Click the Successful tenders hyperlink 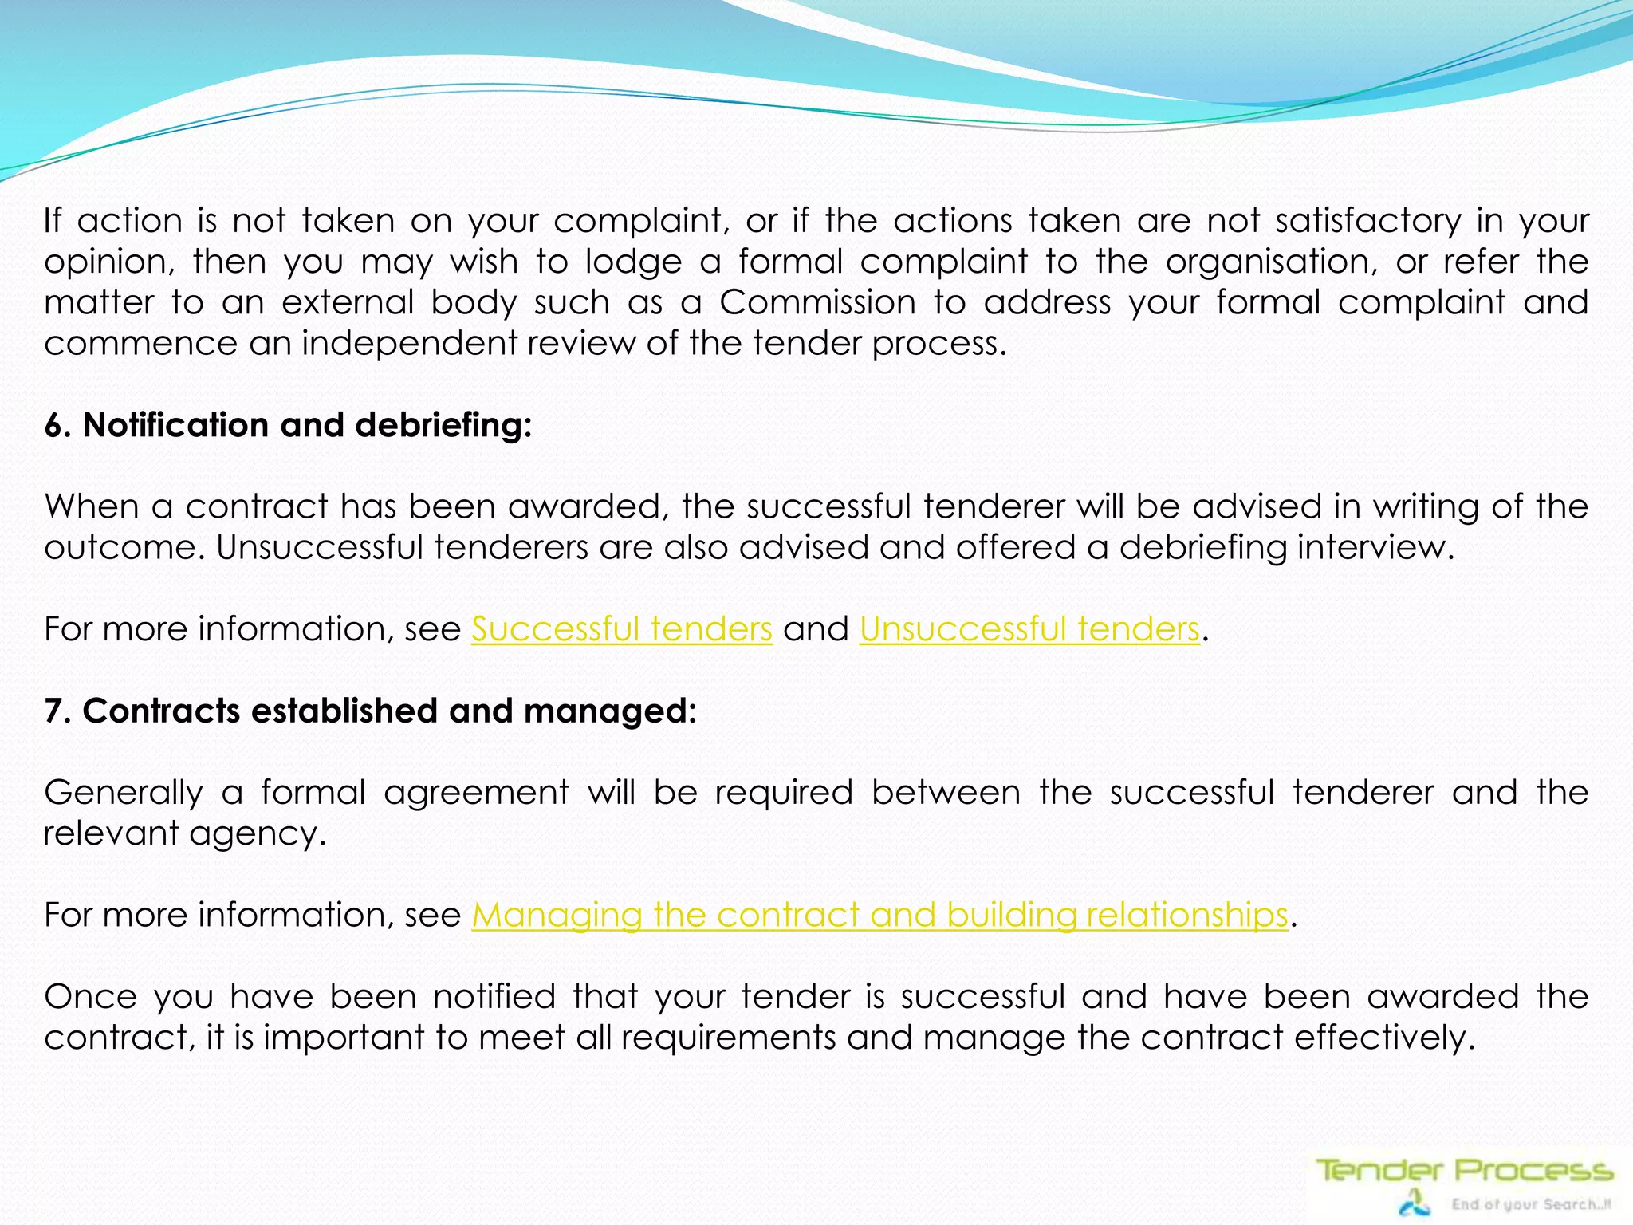point(621,629)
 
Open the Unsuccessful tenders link point(1029,629)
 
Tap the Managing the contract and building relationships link point(879,915)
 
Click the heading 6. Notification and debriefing point(288,425)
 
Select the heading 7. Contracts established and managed point(371,711)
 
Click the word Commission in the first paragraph point(817,303)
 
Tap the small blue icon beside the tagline point(1415,1202)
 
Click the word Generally point(124,793)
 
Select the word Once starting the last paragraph point(89,997)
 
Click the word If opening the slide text point(53,221)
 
